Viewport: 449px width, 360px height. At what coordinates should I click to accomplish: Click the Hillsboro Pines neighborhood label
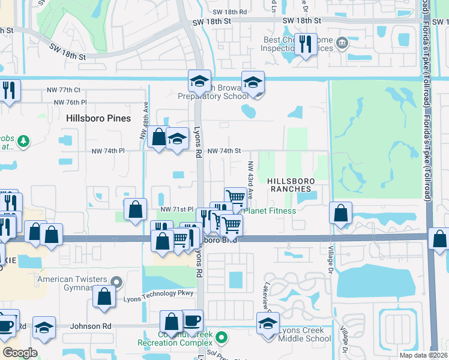98,118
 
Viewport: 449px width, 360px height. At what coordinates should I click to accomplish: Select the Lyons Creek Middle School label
306,334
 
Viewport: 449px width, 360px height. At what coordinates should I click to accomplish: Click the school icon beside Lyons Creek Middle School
268,325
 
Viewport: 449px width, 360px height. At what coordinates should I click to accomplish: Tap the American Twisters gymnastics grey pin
118,280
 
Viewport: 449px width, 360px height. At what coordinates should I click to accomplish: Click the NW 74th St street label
224,151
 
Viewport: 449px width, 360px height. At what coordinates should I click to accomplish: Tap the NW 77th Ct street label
64,90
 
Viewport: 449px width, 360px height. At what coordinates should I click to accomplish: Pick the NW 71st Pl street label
176,209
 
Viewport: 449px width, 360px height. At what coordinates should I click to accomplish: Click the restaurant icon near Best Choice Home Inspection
306,44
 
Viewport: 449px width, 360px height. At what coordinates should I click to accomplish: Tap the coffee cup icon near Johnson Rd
191,321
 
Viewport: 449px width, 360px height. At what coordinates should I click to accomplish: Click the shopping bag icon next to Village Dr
341,213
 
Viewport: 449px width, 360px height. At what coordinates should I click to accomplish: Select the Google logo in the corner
20,353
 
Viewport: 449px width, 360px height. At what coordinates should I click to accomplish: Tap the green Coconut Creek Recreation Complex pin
221,337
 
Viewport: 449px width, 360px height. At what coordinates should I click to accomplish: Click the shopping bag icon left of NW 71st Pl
136,209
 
